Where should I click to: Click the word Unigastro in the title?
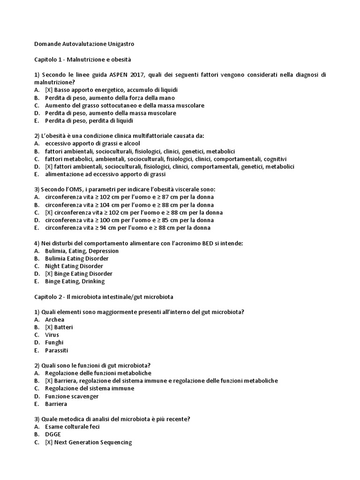(x=117, y=44)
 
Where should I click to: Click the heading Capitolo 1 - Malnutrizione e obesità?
(x=83, y=60)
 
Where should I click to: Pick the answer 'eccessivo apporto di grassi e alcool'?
(x=92, y=143)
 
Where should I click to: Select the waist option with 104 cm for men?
(x=129, y=204)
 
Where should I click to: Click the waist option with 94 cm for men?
(x=127, y=227)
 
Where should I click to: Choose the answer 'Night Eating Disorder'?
(x=74, y=266)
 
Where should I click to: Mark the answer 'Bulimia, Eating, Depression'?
(x=82, y=251)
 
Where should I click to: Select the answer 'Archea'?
(x=54, y=319)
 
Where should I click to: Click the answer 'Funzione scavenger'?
(x=72, y=396)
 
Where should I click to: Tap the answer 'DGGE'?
(x=53, y=434)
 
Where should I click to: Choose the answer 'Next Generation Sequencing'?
(x=89, y=442)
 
